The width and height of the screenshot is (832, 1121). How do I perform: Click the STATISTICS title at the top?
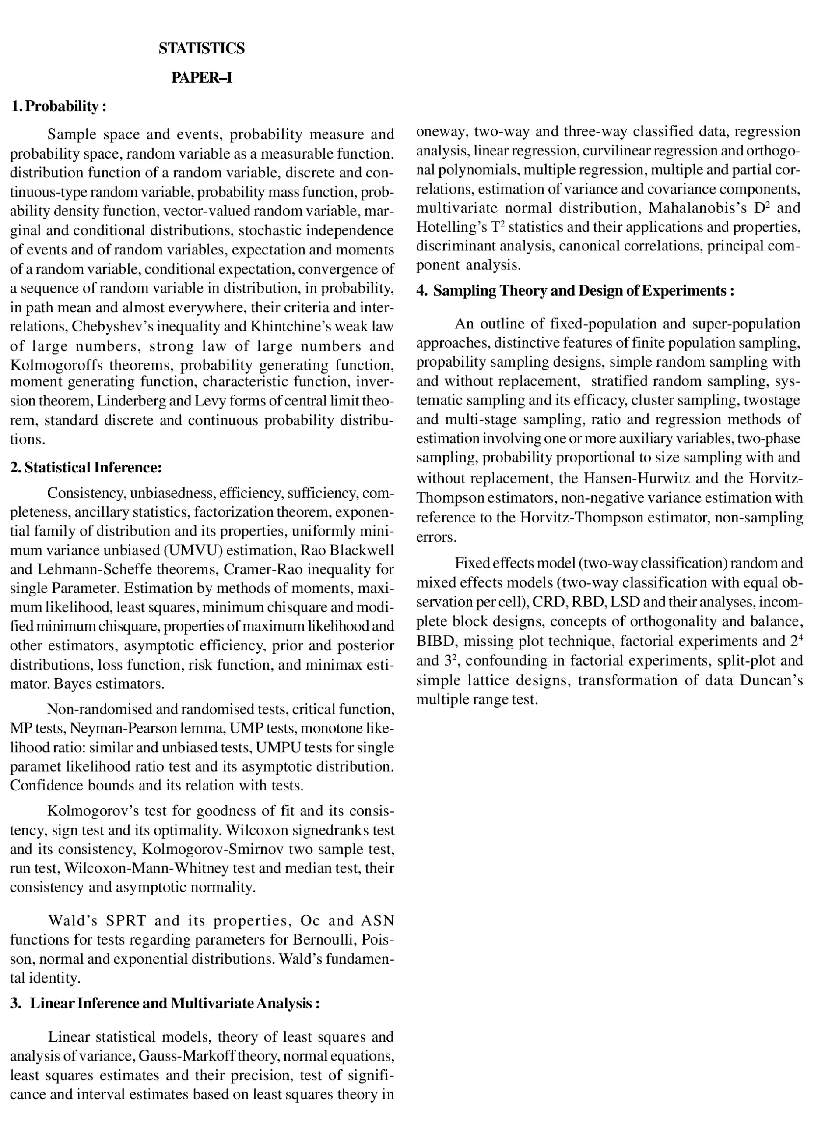pos(201,48)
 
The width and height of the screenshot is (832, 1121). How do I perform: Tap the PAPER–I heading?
pos(201,78)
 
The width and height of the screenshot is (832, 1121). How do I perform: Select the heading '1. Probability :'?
pos(59,106)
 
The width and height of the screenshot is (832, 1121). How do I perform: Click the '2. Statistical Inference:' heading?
pos(86,468)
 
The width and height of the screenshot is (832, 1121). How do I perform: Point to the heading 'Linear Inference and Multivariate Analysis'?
pos(174,1003)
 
